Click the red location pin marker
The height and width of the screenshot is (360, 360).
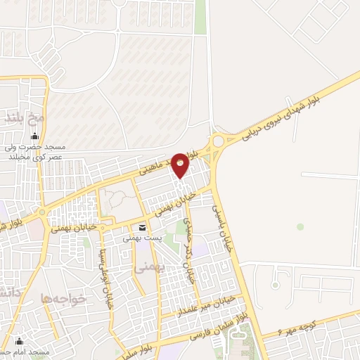click(x=181, y=165)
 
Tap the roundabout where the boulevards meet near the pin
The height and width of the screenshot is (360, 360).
click(x=218, y=141)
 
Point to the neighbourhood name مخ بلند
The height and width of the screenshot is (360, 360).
click(x=26, y=116)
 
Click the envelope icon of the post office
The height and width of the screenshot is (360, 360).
click(x=143, y=228)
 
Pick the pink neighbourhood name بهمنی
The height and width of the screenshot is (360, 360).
click(x=145, y=268)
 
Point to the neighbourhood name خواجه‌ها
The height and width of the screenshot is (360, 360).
click(x=63, y=298)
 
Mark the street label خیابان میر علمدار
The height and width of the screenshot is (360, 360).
click(x=205, y=307)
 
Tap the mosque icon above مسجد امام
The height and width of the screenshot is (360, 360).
click(x=20, y=340)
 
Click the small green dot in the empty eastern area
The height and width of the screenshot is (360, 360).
click(x=300, y=226)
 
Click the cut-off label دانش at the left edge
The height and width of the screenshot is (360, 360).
click(x=6, y=290)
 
